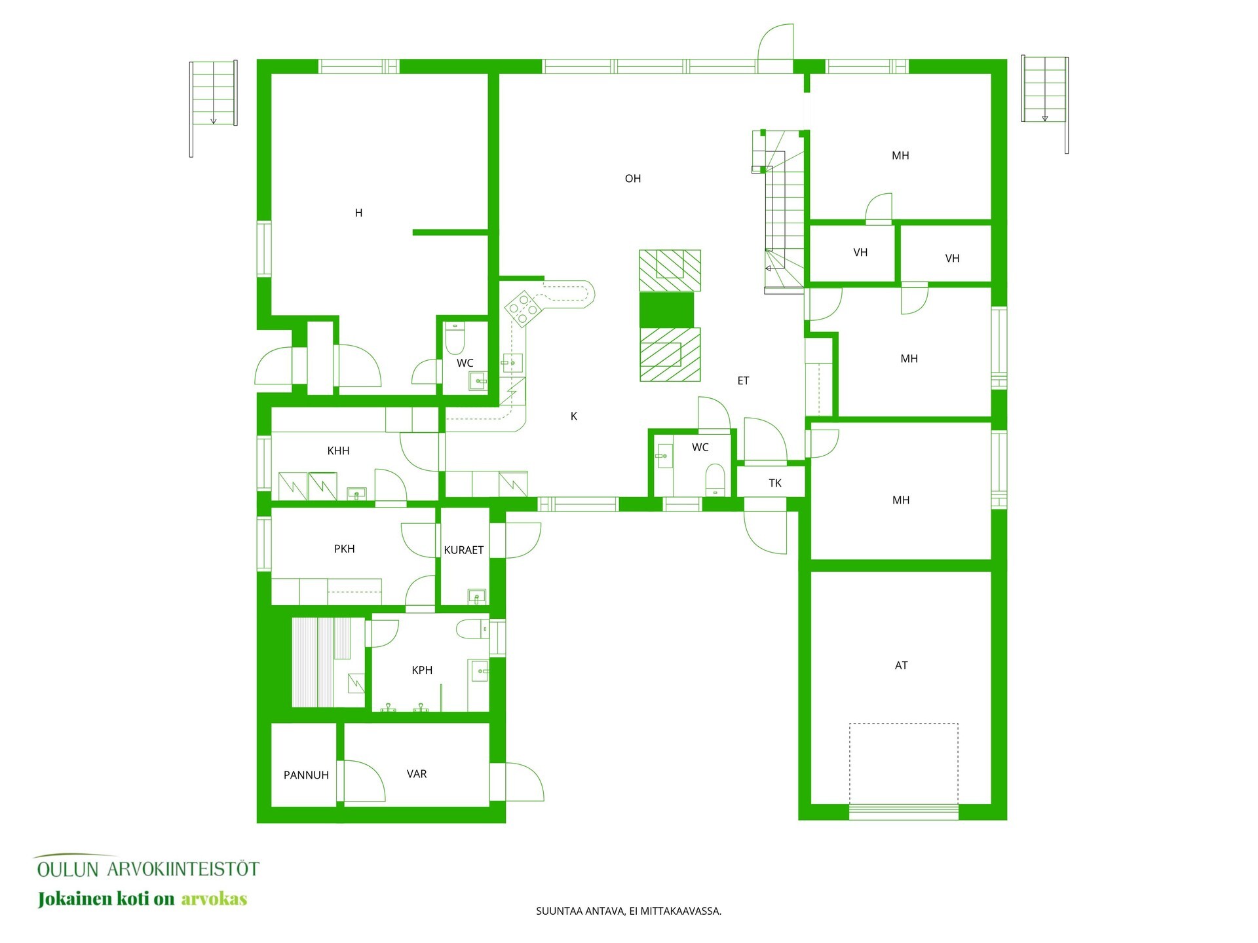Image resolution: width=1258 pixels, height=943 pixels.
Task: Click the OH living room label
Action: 632,178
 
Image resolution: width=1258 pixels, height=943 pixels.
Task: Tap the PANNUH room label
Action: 306,775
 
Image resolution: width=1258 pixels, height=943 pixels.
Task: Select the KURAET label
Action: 464,550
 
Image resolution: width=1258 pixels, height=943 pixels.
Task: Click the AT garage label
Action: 901,665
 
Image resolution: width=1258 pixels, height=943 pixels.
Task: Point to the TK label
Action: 775,483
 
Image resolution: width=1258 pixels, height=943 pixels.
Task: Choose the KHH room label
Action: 338,451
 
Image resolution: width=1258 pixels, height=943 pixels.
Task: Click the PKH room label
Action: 344,549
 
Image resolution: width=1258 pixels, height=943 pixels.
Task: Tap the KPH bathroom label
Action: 422,670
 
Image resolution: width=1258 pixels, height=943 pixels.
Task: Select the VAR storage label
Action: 417,774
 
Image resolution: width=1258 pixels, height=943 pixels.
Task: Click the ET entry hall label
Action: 743,380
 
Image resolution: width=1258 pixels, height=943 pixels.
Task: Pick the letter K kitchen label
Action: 574,416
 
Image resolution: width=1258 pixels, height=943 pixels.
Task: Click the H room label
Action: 358,213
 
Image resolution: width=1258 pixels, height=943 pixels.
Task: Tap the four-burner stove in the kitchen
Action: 523,308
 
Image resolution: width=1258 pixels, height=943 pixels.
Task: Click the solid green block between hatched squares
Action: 666,310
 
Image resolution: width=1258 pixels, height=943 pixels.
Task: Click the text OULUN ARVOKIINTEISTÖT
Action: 148,869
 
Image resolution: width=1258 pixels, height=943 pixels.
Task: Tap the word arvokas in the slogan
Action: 214,898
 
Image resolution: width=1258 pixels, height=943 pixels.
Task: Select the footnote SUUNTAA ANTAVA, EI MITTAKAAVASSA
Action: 628,911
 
